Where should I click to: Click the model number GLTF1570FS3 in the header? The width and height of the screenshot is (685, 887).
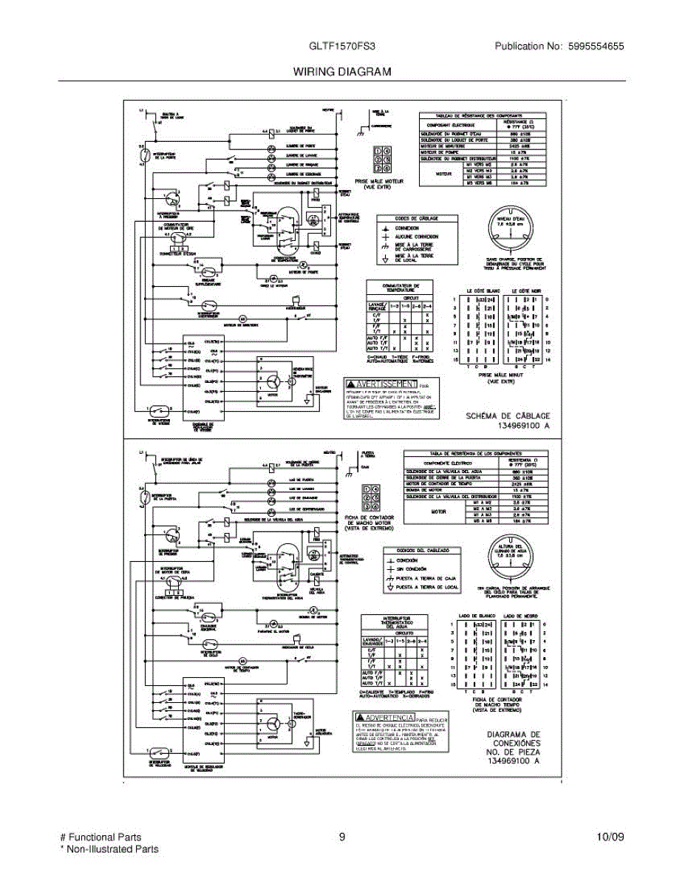(x=342, y=46)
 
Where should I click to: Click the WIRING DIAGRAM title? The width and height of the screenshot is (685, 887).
(x=342, y=72)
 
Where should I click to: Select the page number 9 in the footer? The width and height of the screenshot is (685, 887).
(x=342, y=837)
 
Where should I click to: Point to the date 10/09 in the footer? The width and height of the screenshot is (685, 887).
(x=610, y=837)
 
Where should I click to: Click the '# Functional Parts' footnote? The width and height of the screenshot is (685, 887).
(x=100, y=837)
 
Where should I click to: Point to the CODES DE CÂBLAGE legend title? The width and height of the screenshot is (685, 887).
(x=417, y=218)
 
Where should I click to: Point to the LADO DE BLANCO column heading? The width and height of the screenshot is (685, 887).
(x=476, y=615)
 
